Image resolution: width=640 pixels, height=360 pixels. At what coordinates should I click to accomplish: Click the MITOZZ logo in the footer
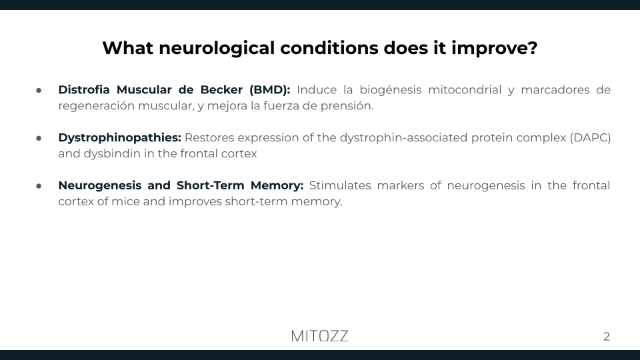click(x=319, y=336)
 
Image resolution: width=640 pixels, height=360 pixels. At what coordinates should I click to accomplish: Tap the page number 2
click(x=607, y=337)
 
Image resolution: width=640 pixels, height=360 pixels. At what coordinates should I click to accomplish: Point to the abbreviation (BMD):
click(x=269, y=89)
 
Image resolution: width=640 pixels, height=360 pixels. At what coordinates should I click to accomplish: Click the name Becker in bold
click(x=220, y=89)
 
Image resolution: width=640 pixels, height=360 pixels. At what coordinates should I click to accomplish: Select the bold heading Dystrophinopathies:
click(x=119, y=137)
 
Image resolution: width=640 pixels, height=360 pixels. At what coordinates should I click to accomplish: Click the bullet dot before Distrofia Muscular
click(x=39, y=89)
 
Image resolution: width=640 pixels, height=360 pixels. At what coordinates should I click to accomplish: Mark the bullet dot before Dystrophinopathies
click(x=39, y=137)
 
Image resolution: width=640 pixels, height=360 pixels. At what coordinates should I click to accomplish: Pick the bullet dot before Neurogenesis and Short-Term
click(x=39, y=185)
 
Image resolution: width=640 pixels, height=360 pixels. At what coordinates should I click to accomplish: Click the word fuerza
click(x=269, y=105)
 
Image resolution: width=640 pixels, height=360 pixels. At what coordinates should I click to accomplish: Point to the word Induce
click(x=316, y=89)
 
